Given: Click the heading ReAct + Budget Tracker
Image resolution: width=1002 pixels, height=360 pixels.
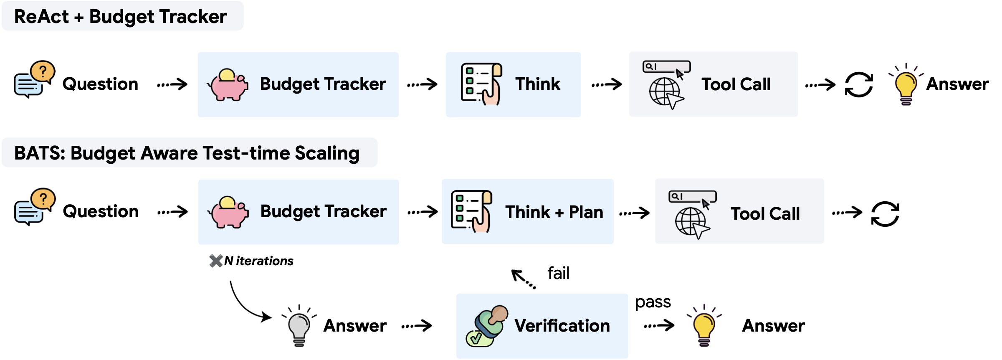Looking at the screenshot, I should tap(120, 17).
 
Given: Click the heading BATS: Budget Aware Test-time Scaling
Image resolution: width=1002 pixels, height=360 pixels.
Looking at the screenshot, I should tap(187, 153).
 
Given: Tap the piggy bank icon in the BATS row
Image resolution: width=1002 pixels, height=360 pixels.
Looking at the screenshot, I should tap(228, 212).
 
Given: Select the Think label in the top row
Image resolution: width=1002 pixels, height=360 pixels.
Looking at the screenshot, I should tap(537, 84).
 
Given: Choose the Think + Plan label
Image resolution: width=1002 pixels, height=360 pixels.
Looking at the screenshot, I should tap(554, 212).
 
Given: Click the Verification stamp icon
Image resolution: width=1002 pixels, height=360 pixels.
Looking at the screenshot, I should tap(487, 326).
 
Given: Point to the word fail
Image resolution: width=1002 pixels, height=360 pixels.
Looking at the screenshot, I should tap(558, 274).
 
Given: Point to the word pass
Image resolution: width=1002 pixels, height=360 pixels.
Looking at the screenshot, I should tap(653, 302).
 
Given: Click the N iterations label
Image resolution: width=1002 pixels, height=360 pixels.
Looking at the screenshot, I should tap(258, 261).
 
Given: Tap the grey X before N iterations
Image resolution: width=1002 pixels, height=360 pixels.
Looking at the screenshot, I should tap(216, 261).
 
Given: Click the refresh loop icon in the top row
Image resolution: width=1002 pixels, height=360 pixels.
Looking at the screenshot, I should tap(859, 85).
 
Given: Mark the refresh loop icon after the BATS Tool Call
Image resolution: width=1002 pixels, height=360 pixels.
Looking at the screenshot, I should tap(885, 214).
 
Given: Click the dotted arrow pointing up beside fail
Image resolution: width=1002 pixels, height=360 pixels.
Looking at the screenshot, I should tap(523, 279).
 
